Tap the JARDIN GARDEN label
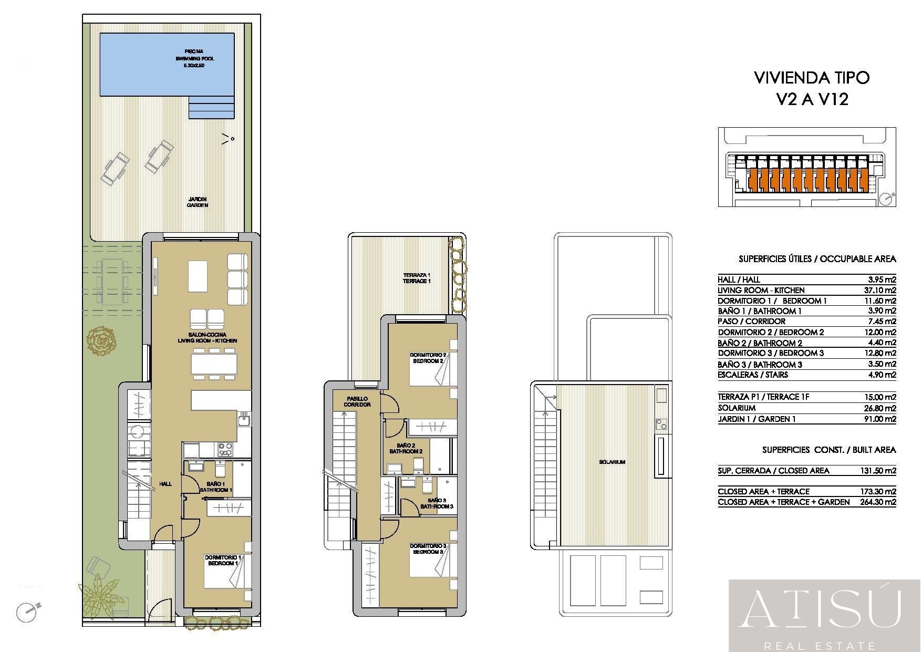point(198,202)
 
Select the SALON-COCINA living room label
point(207,337)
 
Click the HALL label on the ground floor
point(165,484)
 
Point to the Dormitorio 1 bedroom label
point(223,560)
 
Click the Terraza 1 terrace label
point(417,278)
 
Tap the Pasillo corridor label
point(357,401)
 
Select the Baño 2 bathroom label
point(406,448)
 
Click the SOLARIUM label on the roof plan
point(612,462)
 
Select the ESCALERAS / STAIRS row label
point(753,375)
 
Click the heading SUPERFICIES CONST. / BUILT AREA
point(829,450)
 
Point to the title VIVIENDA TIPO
point(812,78)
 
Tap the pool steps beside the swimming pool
point(211,108)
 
